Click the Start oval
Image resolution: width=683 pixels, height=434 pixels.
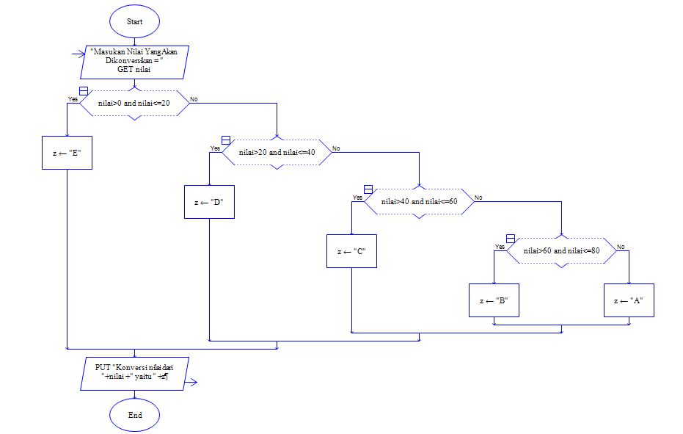[x=134, y=22]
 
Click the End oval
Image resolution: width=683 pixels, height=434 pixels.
[x=134, y=415]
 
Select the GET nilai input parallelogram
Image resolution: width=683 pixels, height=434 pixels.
[x=134, y=62]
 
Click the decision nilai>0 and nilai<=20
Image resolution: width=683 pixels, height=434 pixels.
[x=134, y=104]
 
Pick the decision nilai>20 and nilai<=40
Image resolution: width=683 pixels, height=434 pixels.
[x=277, y=153]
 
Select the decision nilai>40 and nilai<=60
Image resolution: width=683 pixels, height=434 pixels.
[x=420, y=201]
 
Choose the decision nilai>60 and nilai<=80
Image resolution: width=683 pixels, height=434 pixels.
[x=561, y=250]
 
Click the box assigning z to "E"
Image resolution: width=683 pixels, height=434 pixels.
[x=67, y=153]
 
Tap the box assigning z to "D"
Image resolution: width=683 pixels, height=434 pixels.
[x=209, y=202]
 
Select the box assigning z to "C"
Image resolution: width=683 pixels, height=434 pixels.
[x=351, y=251]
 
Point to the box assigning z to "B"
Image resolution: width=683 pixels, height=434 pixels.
[x=494, y=300]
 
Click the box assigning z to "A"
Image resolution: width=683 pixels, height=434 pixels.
[x=629, y=300]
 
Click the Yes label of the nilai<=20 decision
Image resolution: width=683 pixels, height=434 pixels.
[x=73, y=98]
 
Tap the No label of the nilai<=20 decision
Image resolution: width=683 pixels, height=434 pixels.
[x=193, y=98]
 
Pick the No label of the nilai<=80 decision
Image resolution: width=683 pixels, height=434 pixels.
[x=621, y=246]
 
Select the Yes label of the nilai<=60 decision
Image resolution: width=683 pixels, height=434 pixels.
[x=357, y=197]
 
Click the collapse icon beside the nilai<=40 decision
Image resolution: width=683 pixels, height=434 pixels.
[x=225, y=140]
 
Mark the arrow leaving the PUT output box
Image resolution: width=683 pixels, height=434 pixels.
[x=192, y=381]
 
